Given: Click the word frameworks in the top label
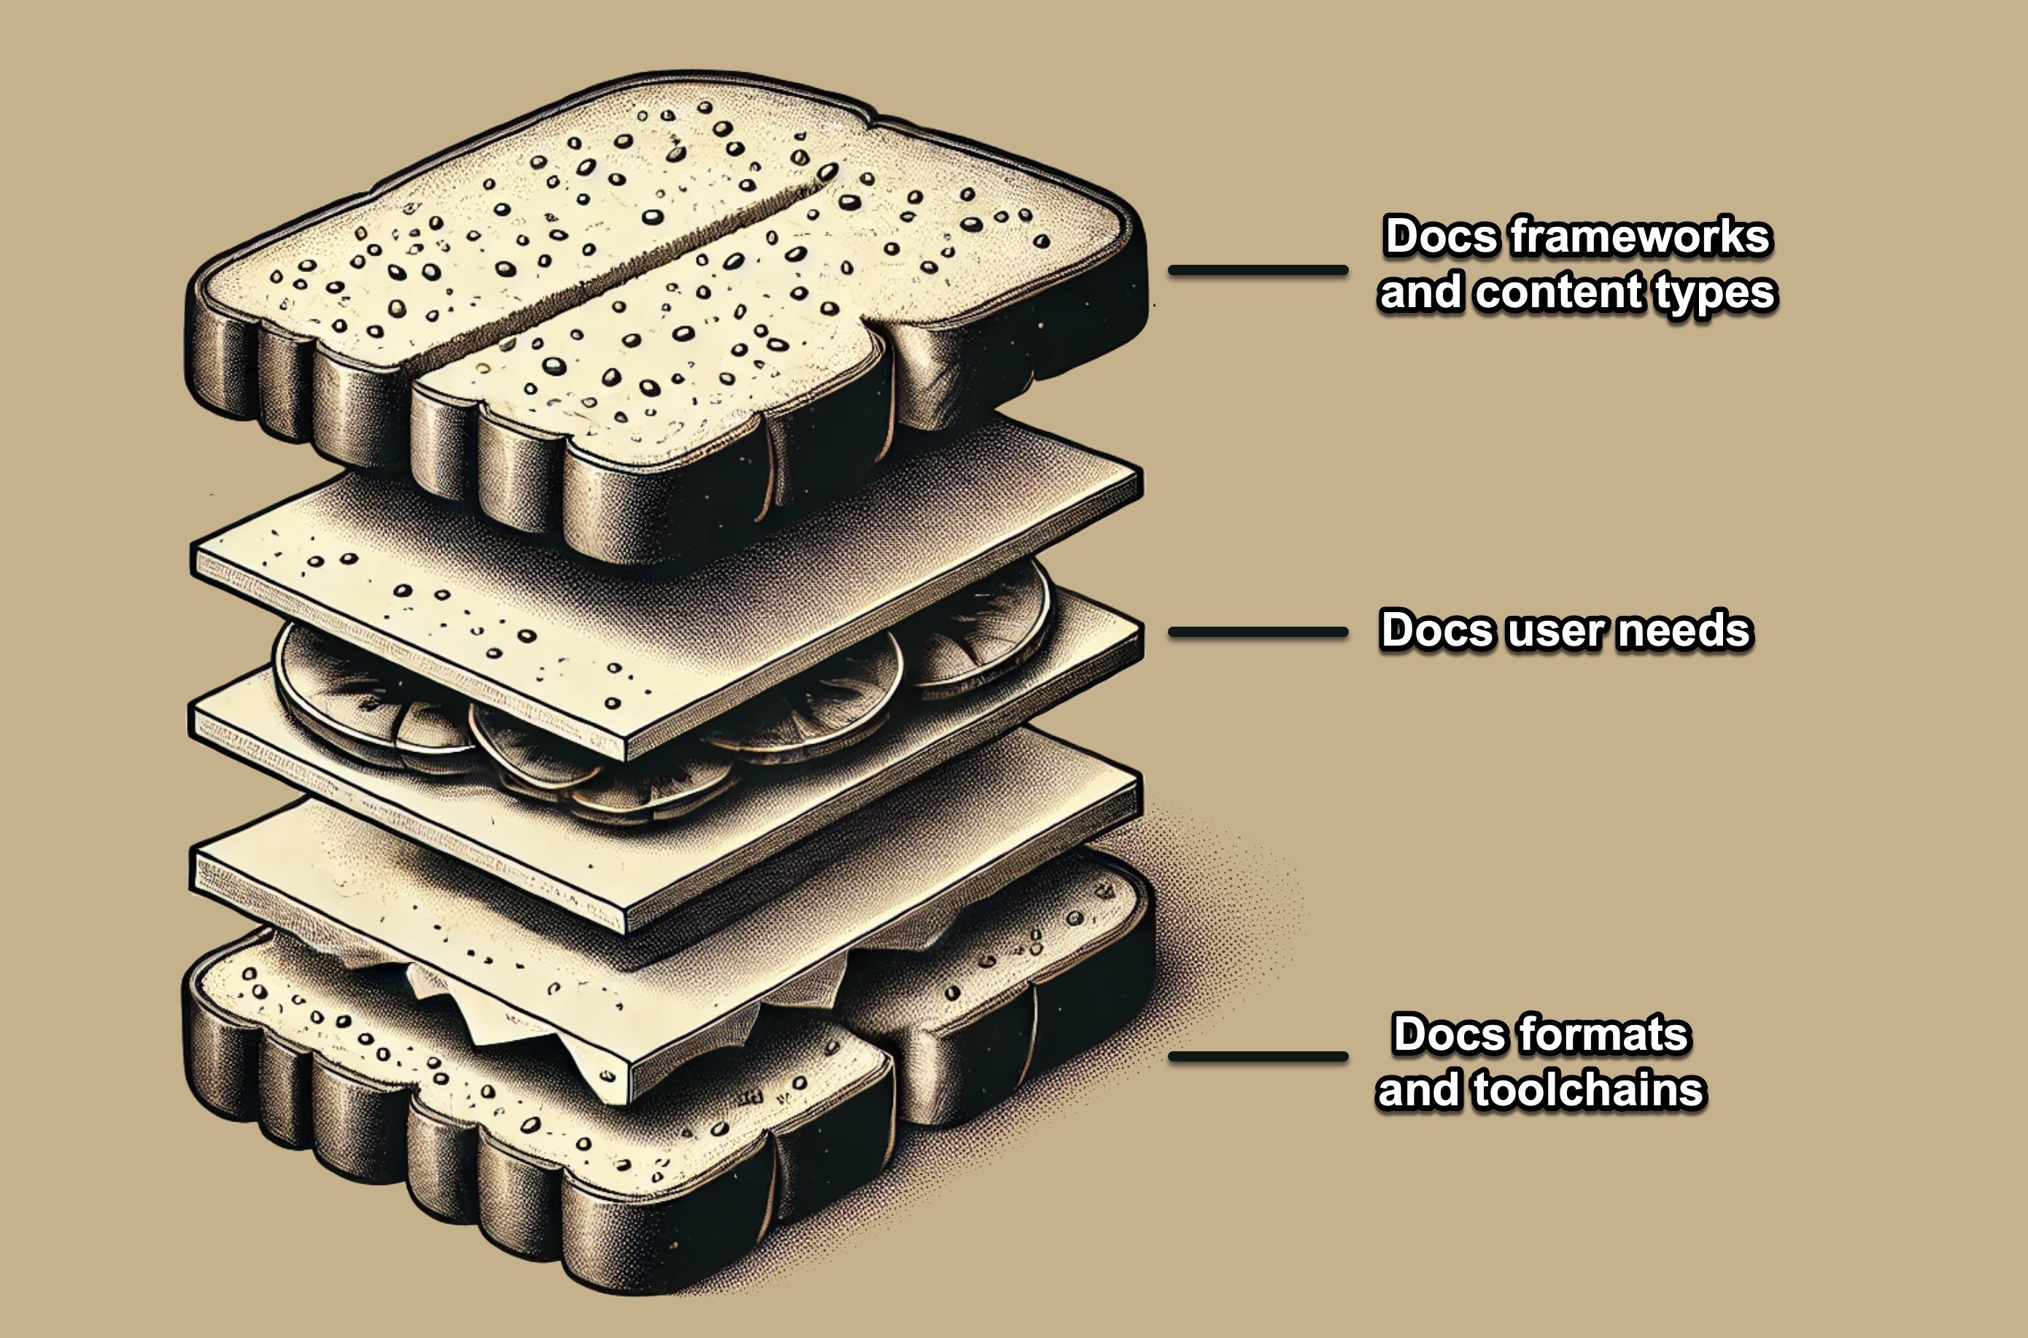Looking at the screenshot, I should [1641, 236].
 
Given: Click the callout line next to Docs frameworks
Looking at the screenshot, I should [1258, 271].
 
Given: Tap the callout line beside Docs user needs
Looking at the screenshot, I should [1258, 633].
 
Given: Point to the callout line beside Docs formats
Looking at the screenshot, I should [1258, 1056].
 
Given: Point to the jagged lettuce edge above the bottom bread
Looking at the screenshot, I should [478, 1016].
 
